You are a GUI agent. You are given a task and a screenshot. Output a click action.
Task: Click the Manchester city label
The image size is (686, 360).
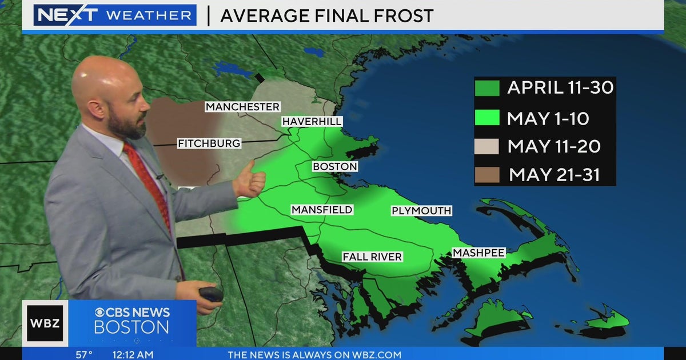click(242, 107)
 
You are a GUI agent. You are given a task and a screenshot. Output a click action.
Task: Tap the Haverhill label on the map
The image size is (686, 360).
click(312, 122)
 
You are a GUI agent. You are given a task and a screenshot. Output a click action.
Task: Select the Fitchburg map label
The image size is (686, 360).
click(209, 143)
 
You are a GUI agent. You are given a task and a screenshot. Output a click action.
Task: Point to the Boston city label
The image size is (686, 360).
click(335, 167)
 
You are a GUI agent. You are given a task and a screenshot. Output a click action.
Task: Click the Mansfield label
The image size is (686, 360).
click(322, 210)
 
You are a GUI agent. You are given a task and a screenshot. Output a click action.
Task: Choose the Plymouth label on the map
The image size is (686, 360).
click(421, 211)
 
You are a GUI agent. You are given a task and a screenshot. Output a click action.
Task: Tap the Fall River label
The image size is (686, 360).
click(372, 257)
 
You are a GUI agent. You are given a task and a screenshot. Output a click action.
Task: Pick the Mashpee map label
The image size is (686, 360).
click(478, 253)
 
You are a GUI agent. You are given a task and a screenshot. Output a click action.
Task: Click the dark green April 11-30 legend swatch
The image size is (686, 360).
click(487, 88)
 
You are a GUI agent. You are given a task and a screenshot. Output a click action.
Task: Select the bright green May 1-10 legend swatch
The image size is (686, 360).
click(487, 118)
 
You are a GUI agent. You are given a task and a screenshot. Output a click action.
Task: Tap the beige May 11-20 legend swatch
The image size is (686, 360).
click(487, 146)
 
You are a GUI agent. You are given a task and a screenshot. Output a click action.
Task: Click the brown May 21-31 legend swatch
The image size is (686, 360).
click(487, 174)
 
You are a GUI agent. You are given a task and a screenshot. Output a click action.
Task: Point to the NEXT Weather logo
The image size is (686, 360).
click(114, 15)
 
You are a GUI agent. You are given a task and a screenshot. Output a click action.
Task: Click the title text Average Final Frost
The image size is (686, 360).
click(326, 16)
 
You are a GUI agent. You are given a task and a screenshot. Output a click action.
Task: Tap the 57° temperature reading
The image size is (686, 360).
click(84, 355)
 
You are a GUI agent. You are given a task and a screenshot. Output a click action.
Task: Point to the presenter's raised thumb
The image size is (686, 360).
click(251, 177)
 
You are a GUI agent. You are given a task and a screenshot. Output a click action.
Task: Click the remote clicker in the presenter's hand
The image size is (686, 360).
click(211, 294)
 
